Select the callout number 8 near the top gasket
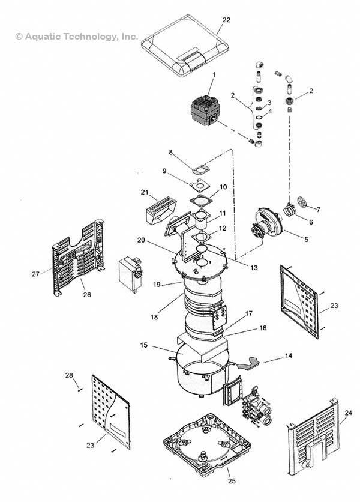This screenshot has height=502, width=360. click(x=170, y=153)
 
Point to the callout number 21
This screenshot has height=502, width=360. click(x=144, y=192)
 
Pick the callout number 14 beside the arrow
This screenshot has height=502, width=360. click(x=289, y=356)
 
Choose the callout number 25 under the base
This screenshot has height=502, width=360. click(x=232, y=480)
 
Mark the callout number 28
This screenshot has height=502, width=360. click(x=69, y=375)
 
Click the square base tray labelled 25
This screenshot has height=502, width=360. click(x=207, y=443)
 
